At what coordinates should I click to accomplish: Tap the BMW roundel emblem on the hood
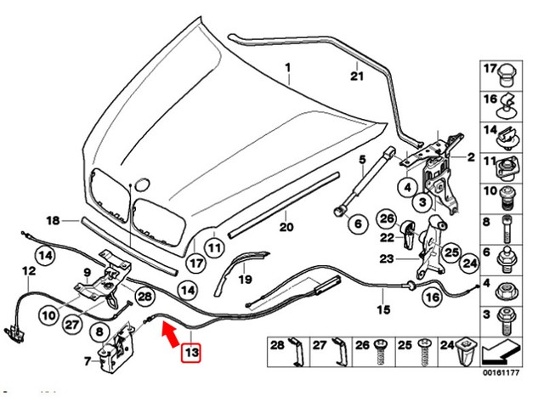coord(142,184)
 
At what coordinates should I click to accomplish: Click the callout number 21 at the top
coord(357,76)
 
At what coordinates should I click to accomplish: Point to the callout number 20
coord(286,227)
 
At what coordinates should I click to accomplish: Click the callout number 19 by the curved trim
coord(244,278)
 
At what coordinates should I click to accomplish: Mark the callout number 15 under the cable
coord(382,309)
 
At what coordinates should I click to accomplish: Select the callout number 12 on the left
coord(29,272)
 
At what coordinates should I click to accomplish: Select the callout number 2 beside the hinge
coord(470,157)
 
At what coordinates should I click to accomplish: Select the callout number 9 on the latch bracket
coord(86,272)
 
